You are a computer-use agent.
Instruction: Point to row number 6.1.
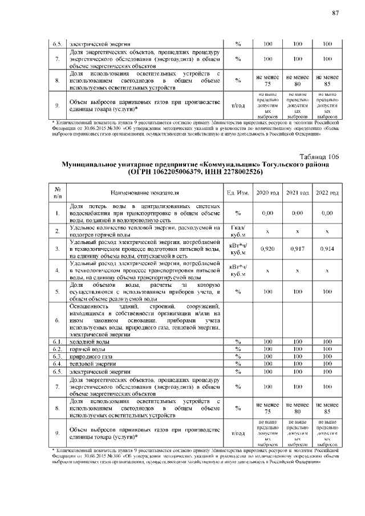click(x=58, y=341)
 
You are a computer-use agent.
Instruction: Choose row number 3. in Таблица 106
click(x=58, y=249)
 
